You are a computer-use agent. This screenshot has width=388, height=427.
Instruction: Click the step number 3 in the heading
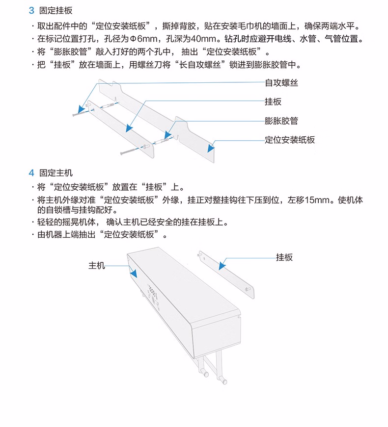pos(31,10)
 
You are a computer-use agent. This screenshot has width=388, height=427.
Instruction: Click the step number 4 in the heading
pos(31,173)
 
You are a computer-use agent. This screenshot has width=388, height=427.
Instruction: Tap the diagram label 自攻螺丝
pos(281,83)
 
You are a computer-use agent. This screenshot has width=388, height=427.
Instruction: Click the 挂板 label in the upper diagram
pos(273,101)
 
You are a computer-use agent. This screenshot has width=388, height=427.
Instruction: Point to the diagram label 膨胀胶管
pos(281,121)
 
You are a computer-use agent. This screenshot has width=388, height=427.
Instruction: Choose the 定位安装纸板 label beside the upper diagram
pos(290,140)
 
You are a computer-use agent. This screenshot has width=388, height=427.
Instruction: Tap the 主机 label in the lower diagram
pos(97,265)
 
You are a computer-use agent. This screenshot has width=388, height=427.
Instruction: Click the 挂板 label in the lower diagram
pos(284,257)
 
